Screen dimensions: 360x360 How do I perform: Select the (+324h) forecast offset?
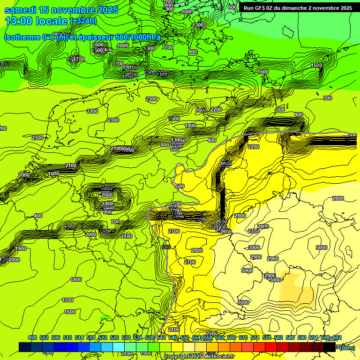(x=83, y=21)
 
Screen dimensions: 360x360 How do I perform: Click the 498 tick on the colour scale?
(x=32, y=338)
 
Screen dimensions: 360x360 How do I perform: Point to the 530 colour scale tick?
(x=126, y=338)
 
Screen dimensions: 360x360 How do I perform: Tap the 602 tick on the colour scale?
(x=337, y=338)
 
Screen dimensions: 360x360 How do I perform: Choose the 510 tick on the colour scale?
(x=67, y=338)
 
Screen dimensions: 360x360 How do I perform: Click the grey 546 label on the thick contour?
(x=165, y=247)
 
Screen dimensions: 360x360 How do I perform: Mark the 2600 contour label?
(x=226, y=232)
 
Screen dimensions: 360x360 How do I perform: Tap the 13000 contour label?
(x=199, y=25)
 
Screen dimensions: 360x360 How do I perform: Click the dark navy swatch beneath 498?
(x=25, y=347)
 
